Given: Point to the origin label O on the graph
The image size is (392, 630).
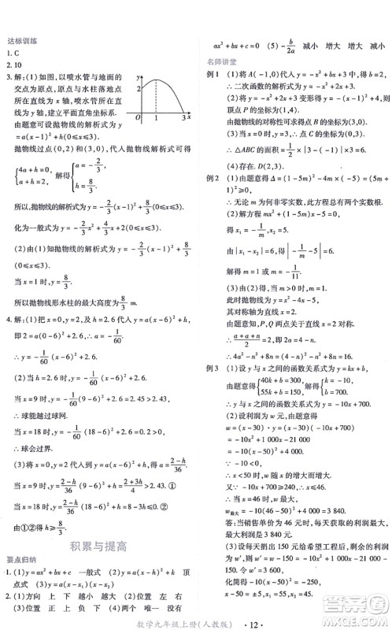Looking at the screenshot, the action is [x=139, y=118].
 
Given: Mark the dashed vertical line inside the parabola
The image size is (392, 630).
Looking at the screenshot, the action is [x=155, y=98].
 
